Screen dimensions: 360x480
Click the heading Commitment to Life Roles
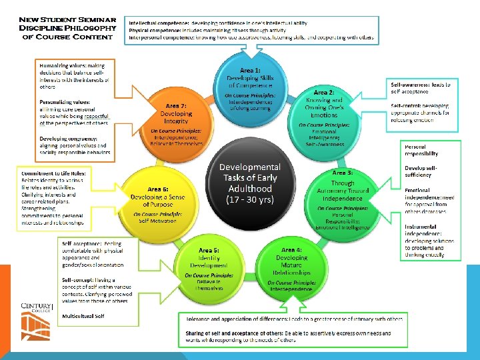[x=53, y=173]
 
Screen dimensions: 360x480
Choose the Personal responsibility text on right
[x=421, y=149]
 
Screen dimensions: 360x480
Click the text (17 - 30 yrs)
[x=250, y=200]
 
